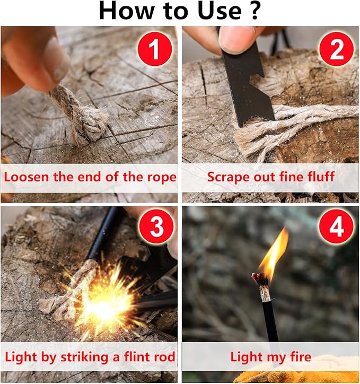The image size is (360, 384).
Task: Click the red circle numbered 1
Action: pos(154,49)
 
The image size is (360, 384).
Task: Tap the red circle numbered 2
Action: pos(337,49)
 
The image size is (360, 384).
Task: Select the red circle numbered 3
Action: pos(156,226)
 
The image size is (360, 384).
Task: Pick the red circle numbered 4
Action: pos(337,226)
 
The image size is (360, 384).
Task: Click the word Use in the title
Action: pos(219,11)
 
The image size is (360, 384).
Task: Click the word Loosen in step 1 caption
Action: pos(27,177)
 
